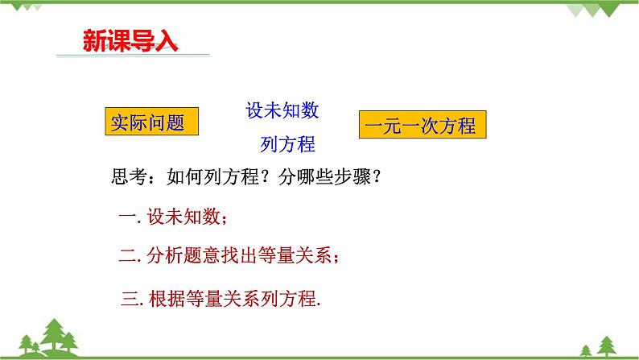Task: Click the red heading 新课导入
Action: click(x=130, y=41)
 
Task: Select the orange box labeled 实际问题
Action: click(x=151, y=122)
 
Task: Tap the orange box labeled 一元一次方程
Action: click(x=423, y=124)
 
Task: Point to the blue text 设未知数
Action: click(x=282, y=110)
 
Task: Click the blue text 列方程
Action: click(x=288, y=144)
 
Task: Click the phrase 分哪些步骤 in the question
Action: click(x=324, y=177)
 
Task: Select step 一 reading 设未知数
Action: click(x=173, y=217)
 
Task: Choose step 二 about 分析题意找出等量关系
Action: click(x=229, y=255)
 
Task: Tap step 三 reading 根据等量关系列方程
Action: click(x=221, y=299)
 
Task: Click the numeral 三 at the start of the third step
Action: click(x=130, y=299)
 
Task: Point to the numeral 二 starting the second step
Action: click(x=128, y=256)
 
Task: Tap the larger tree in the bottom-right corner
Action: click(x=607, y=346)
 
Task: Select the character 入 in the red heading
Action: click(x=167, y=41)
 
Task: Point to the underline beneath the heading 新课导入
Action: click(x=134, y=55)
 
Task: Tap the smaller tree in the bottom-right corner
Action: click(x=586, y=350)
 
